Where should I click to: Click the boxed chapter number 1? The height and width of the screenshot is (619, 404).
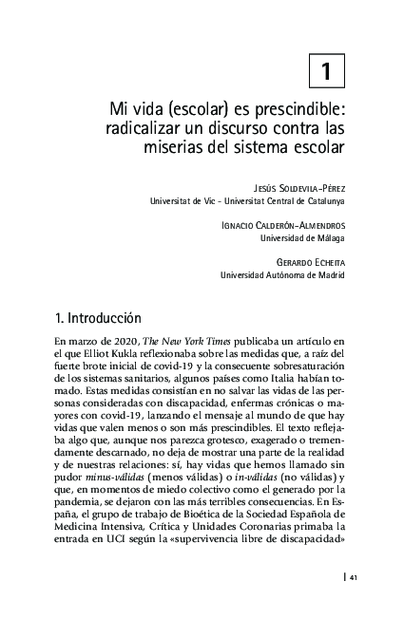point(326,69)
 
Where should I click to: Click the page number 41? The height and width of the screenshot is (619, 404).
point(353,577)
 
